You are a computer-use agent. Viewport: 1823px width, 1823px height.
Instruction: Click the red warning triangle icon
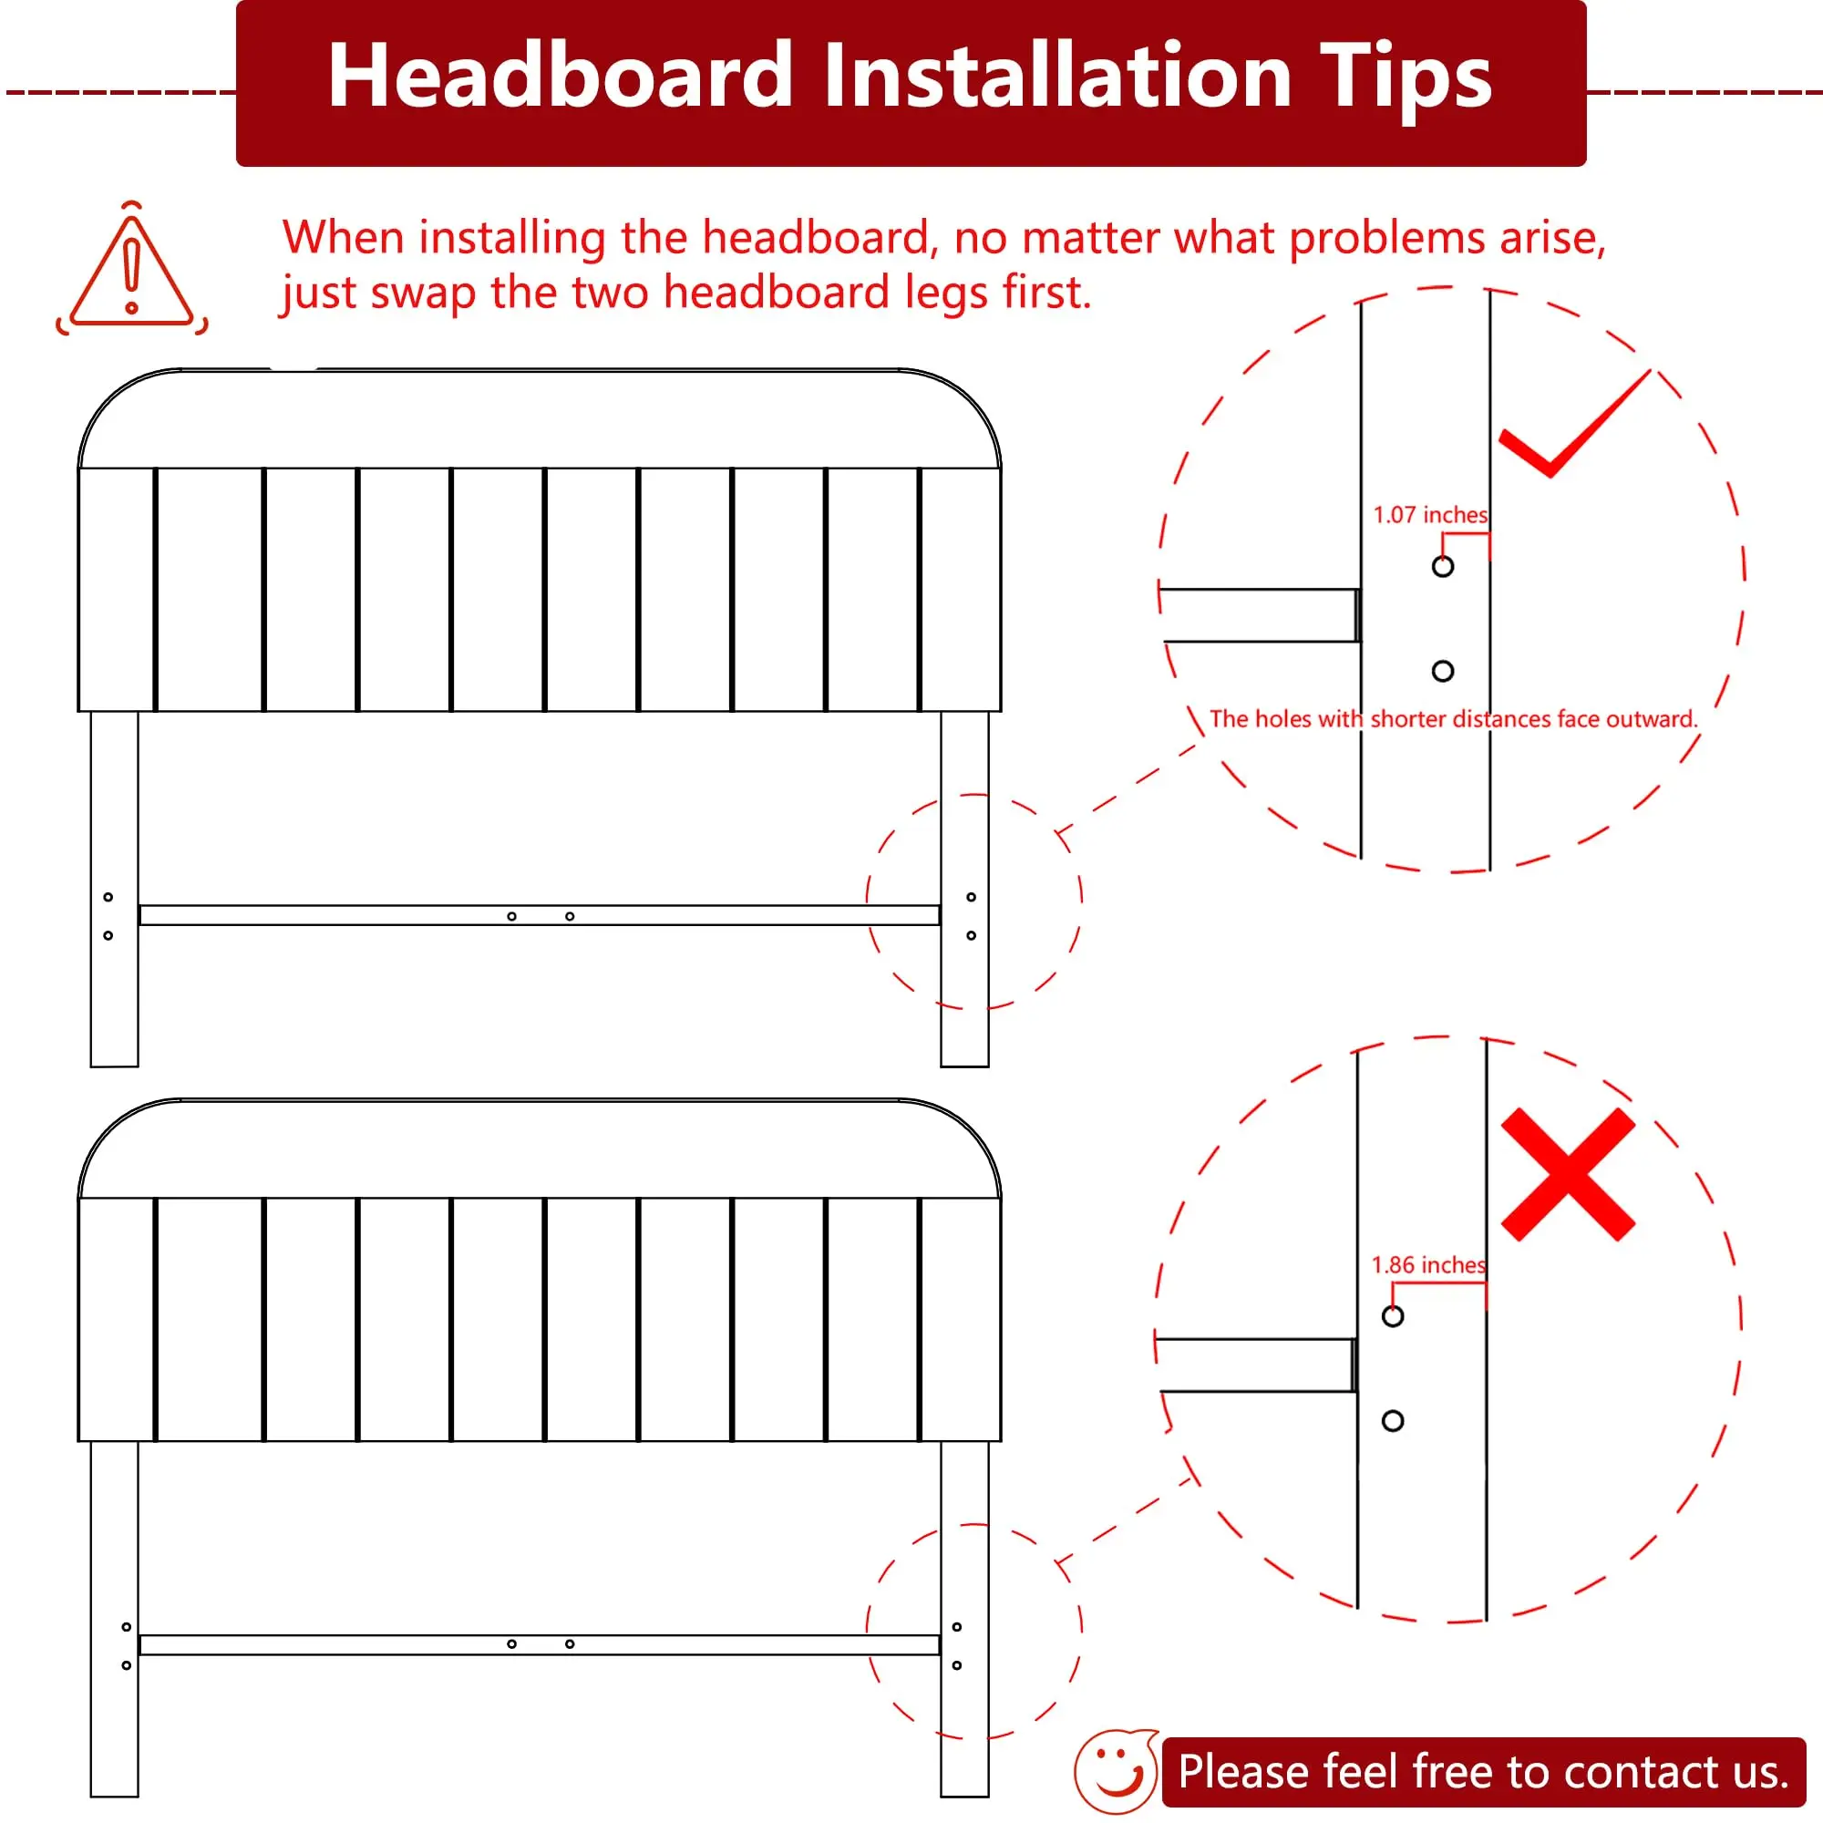coord(132,268)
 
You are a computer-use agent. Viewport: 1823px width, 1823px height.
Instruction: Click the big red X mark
coord(1567,1174)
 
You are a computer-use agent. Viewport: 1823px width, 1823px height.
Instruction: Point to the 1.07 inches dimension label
coord(1429,514)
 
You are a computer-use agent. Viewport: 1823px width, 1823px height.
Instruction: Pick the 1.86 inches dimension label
coord(1427,1264)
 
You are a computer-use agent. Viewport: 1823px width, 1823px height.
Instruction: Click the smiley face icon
coord(1116,1772)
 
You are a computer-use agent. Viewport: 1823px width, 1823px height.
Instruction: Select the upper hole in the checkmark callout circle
coord(1443,566)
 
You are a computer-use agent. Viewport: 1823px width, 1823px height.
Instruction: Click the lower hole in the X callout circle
coord(1393,1420)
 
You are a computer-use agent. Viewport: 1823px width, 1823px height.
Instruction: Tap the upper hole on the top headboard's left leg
coord(108,896)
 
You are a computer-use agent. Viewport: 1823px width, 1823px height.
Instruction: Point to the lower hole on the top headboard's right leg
coord(971,935)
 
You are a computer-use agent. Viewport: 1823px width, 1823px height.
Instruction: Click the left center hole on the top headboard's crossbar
coord(511,916)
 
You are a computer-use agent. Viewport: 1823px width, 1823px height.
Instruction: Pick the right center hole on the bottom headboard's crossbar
coord(570,1643)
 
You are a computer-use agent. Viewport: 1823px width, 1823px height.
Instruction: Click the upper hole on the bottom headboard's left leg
coord(127,1627)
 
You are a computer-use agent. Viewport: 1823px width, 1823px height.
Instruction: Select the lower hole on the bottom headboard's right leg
coord(957,1665)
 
